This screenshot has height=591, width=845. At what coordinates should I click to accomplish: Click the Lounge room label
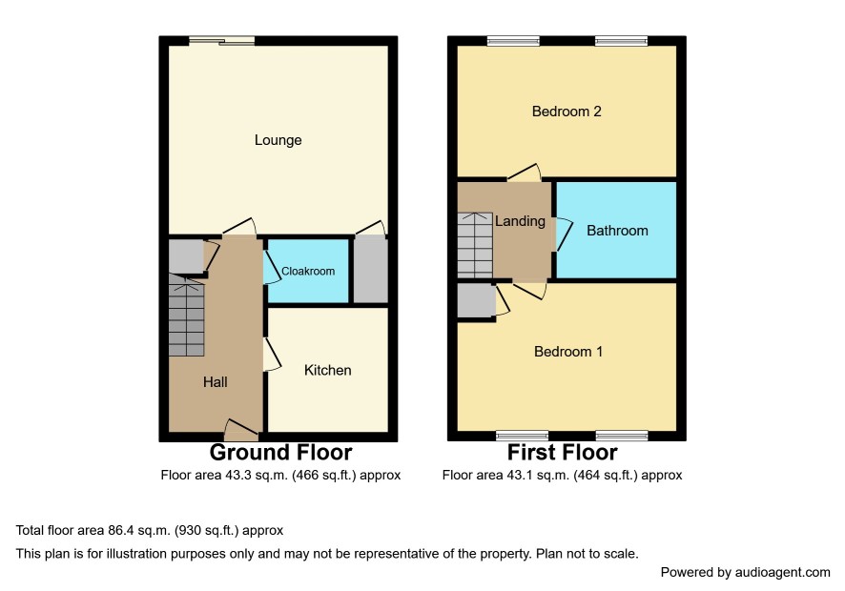tap(278, 140)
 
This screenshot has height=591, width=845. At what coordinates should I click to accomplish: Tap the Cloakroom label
tap(308, 271)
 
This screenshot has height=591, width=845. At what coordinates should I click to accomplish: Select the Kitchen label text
tap(328, 370)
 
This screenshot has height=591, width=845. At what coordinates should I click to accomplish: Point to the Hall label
tap(215, 382)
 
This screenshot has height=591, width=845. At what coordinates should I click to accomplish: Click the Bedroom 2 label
tap(567, 112)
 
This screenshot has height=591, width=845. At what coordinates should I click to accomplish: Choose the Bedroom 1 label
tap(568, 352)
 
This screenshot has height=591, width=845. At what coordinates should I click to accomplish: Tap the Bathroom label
tap(617, 231)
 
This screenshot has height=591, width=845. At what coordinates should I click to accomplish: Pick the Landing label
tap(520, 221)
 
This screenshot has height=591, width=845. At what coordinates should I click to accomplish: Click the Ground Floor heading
tap(280, 452)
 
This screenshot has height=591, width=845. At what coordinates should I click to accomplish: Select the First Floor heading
tap(562, 452)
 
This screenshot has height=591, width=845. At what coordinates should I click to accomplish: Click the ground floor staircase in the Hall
tap(187, 316)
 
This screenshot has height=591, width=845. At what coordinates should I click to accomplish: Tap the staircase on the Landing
tap(475, 245)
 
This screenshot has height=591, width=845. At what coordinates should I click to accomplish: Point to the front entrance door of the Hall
tap(241, 429)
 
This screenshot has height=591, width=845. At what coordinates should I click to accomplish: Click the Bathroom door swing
tap(564, 234)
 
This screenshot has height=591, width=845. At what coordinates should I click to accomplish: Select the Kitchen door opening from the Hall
tap(272, 355)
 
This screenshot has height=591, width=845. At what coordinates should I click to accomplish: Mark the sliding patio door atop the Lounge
tap(221, 40)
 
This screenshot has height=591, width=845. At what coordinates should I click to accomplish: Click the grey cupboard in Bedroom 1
tap(477, 300)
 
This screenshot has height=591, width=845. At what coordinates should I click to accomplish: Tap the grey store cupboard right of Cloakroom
tap(371, 271)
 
